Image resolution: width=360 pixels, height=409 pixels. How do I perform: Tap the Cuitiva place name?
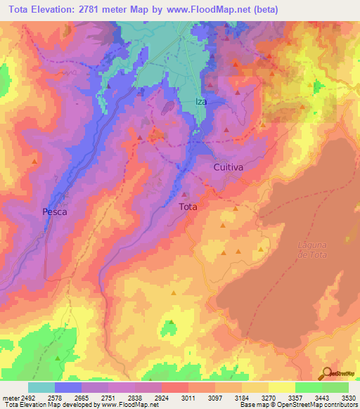pos(229,168)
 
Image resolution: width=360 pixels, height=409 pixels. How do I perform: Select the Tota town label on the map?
pos(188,207)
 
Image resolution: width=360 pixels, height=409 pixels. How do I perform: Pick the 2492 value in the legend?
pos(27,397)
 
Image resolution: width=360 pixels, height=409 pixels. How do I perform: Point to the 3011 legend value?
pos(188,397)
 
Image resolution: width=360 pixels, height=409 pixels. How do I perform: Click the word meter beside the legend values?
pos(8,397)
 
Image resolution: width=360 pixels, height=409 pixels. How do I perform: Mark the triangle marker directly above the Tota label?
pos(185,195)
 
